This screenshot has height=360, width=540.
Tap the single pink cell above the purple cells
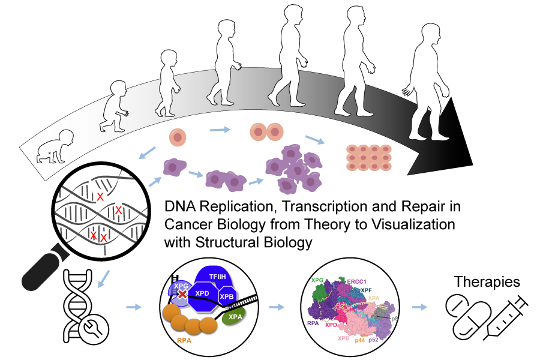pyautogui.click(x=178, y=137)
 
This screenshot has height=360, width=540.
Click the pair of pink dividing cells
pyautogui.click(x=266, y=131)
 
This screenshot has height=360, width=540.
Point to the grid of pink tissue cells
pyautogui.click(x=368, y=157)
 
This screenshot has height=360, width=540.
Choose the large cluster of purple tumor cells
pyautogui.click(x=294, y=170)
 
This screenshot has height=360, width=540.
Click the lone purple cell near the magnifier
pyautogui.click(x=174, y=167)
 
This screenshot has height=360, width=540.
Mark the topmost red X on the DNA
pyautogui.click(x=101, y=197)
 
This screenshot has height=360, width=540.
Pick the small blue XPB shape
pyautogui.click(x=226, y=296)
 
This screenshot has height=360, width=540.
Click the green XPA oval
pyautogui.click(x=234, y=317)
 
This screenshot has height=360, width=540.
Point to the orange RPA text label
pyautogui.click(x=184, y=340)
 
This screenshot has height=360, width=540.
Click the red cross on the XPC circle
pyautogui.click(x=182, y=294)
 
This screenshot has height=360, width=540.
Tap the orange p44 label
pyautogui.click(x=359, y=340)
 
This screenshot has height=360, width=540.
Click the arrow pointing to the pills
pyautogui.click(x=420, y=307)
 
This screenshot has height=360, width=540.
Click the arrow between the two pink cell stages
pyautogui.click(x=220, y=129)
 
